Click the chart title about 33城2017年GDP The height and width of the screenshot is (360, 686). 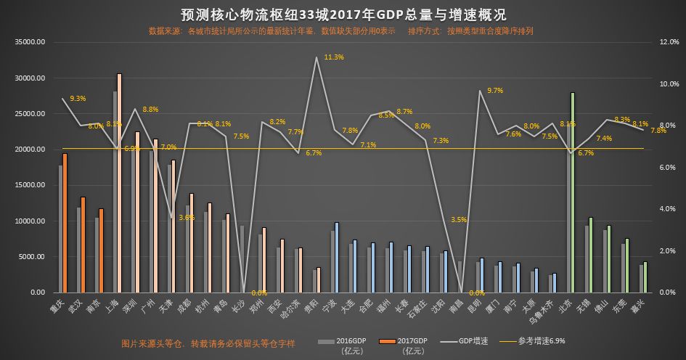coord(343,15)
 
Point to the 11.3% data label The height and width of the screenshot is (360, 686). coord(334,57)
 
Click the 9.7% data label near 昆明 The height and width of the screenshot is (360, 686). coord(495,90)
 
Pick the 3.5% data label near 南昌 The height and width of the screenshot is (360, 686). coord(459,219)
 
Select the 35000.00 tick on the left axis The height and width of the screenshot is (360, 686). coord(30,42)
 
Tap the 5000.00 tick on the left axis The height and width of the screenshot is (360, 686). coord(33,257)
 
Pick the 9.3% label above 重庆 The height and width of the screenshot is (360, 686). coord(78,98)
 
